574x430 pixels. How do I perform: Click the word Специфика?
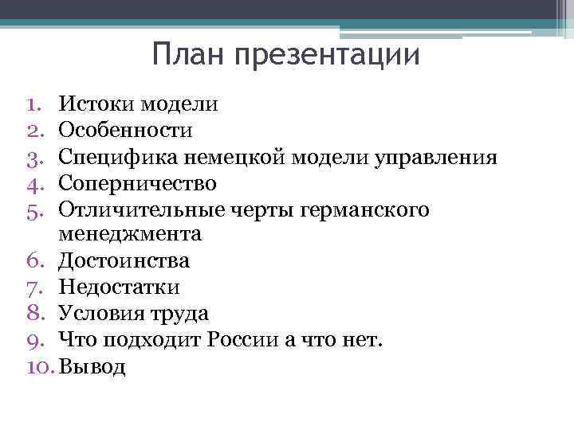(x=114, y=157)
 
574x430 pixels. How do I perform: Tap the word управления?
(x=434, y=157)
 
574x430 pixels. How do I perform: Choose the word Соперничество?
(x=138, y=183)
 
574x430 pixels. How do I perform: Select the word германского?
(x=367, y=209)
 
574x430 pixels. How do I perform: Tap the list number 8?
(x=32, y=314)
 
